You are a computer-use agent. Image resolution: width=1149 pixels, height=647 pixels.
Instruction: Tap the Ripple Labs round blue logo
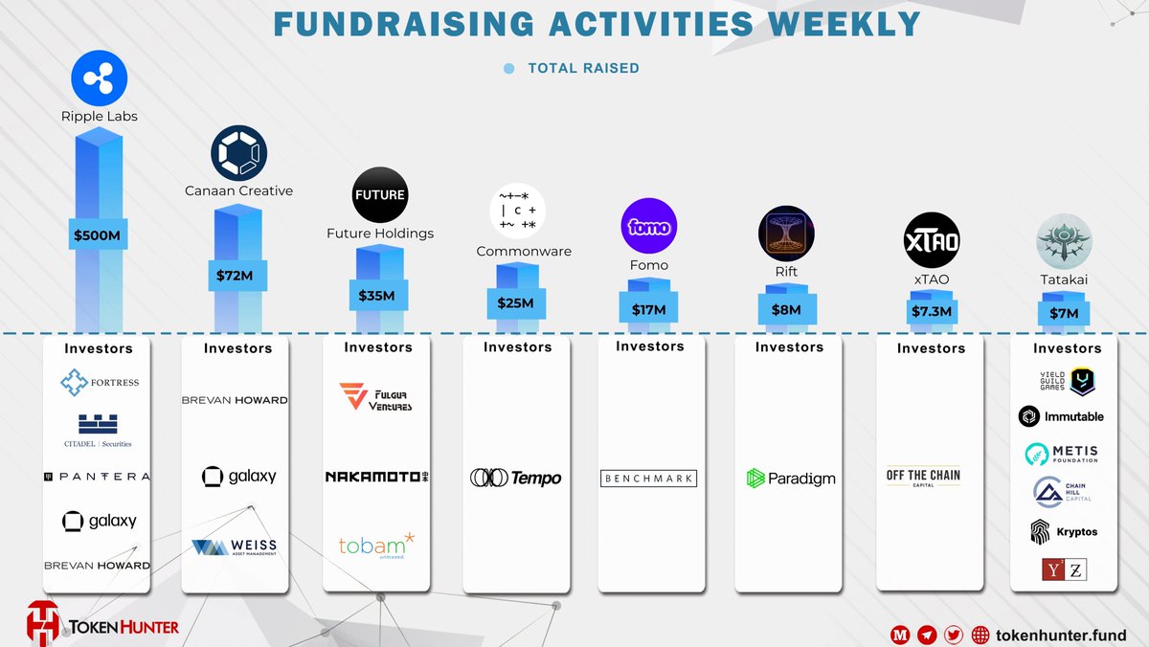pyautogui.click(x=100, y=79)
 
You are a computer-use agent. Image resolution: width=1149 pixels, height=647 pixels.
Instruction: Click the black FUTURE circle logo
pyautogui.click(x=379, y=194)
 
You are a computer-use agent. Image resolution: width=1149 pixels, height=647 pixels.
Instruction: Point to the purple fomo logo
pyautogui.click(x=650, y=227)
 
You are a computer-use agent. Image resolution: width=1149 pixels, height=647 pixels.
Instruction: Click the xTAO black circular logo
pyautogui.click(x=932, y=239)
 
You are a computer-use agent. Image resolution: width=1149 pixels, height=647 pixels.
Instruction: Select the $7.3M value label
pyautogui.click(x=931, y=312)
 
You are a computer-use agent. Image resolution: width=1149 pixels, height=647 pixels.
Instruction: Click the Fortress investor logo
pyautogui.click(x=99, y=383)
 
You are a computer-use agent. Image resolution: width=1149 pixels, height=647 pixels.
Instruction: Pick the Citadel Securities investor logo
pyautogui.click(x=99, y=431)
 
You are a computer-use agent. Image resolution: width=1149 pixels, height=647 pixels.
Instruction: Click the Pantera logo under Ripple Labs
pyautogui.click(x=99, y=477)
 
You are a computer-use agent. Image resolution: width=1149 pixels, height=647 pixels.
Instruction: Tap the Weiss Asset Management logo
pyautogui.click(x=235, y=548)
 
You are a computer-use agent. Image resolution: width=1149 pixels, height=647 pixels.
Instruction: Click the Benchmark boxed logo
pyautogui.click(x=648, y=479)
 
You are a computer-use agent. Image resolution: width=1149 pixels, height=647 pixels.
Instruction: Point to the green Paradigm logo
pyautogui.click(x=790, y=479)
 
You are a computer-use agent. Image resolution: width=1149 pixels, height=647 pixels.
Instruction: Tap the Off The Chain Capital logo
pyautogui.click(x=923, y=478)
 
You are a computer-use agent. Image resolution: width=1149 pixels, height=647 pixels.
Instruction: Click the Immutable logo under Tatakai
pyautogui.click(x=1061, y=416)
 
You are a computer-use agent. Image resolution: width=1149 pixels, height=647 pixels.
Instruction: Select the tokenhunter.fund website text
pyautogui.click(x=1062, y=635)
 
